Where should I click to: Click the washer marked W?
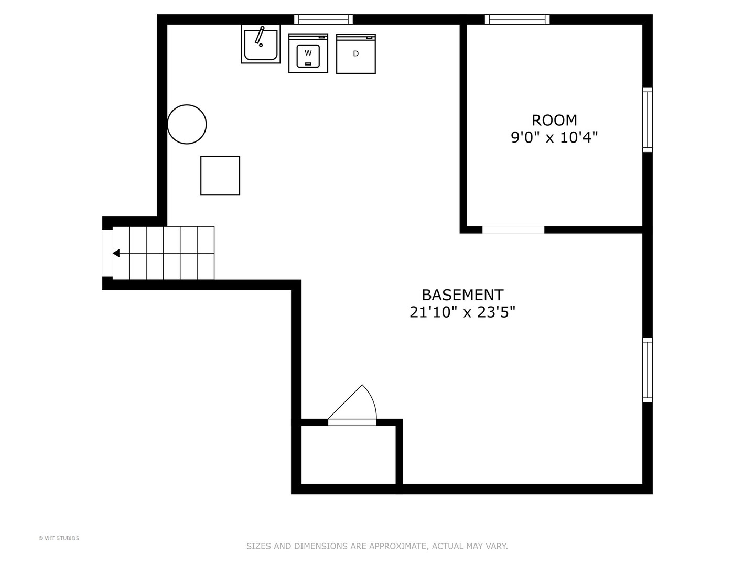coord(308,53)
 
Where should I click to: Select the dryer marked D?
coord(355,53)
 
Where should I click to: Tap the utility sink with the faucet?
coord(261,44)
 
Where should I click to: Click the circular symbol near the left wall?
coord(187,124)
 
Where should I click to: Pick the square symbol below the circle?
coord(220,176)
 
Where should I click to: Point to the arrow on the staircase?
coord(116,253)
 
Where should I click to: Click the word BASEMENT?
coord(462,295)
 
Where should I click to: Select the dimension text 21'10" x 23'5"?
coord(462,312)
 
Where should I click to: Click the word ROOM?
coord(554,121)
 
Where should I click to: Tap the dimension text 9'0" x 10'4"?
coord(554,138)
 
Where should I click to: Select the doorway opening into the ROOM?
coord(513,230)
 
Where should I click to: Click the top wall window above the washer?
coord(323,19)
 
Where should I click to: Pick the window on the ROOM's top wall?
coord(517,19)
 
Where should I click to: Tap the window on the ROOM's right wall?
coord(648,120)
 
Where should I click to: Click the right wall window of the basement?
coord(648,370)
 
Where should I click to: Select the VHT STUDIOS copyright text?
coord(59,538)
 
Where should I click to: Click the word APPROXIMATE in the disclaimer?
coord(398,546)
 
